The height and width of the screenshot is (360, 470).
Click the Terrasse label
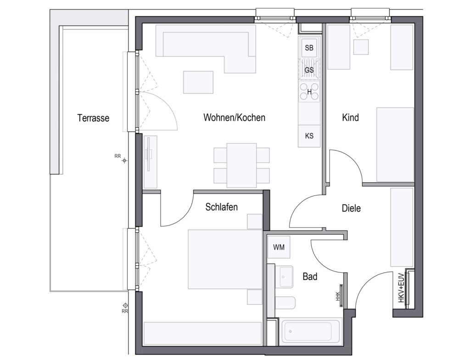coord(93,118)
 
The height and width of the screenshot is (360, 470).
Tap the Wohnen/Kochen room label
coord(235,117)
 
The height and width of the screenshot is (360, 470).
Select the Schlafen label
coord(222,207)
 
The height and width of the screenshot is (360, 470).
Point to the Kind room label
coord(350,117)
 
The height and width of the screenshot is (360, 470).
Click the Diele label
coord(351,208)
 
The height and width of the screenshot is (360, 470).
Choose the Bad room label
coord(310,276)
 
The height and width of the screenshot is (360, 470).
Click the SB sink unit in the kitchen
coord(309,48)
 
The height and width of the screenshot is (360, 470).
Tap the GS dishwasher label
coord(309,70)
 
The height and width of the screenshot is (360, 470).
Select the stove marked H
coord(309,92)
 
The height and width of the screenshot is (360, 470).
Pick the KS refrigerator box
coord(309,136)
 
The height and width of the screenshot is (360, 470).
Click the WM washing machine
coord(279,247)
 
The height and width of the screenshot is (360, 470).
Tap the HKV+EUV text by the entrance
coord(402,290)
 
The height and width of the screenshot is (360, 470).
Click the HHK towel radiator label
coord(337,296)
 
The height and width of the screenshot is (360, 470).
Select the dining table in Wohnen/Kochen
coord(241,165)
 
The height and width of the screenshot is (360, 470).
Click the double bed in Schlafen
coord(225,259)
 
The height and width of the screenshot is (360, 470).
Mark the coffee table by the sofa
coord(198,82)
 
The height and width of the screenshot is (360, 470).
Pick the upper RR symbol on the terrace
coord(125,161)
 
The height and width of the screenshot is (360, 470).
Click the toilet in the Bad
coord(285,303)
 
